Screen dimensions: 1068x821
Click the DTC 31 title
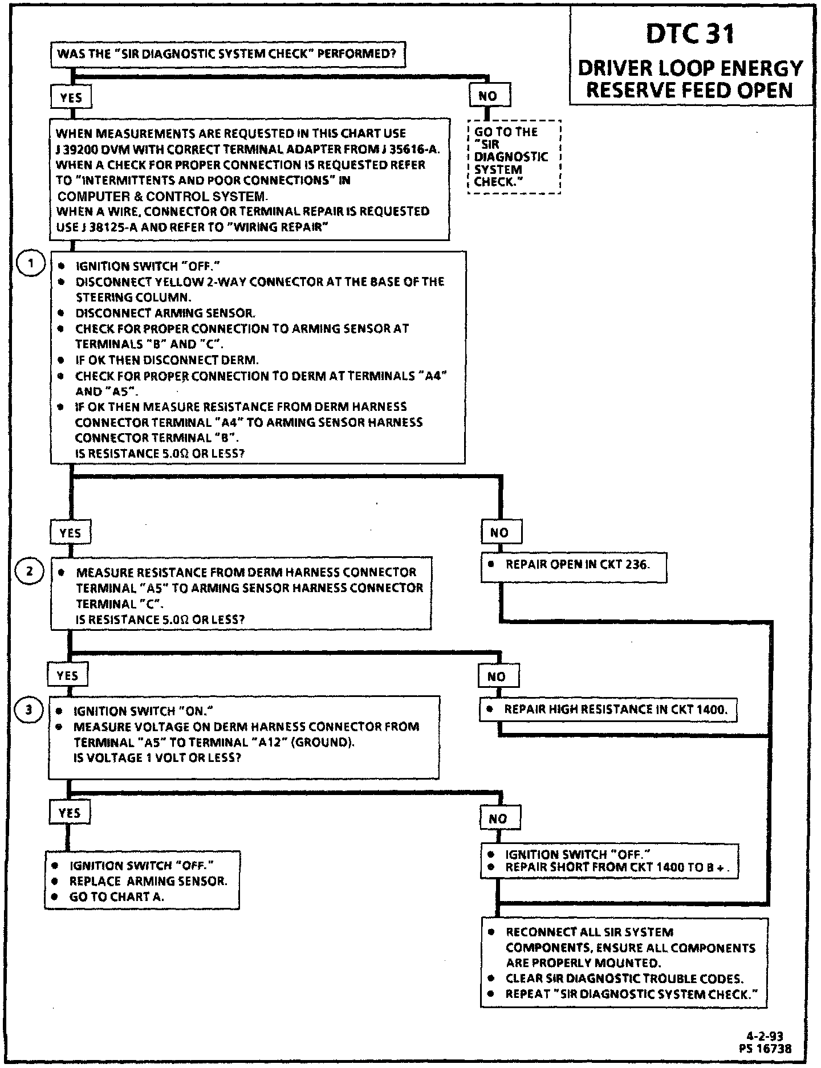tap(690, 34)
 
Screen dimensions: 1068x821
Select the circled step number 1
tap(29, 264)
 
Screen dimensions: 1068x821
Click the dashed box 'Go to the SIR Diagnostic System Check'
tap(514, 157)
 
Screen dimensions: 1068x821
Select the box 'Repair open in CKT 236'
tap(573, 566)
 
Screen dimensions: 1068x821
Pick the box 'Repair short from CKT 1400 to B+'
tap(609, 861)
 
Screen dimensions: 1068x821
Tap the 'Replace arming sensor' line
tap(148, 881)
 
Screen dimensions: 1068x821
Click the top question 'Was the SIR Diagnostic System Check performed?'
tap(227, 55)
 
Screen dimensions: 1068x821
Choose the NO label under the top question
tap(489, 96)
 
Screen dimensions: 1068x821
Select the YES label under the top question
tap(71, 97)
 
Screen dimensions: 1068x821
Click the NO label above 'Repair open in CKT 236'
tap(499, 533)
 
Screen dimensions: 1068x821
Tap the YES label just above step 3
tap(68, 676)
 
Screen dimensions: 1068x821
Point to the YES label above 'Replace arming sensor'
tap(70, 813)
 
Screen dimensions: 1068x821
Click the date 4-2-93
tap(774, 1036)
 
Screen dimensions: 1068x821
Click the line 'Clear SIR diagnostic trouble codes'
tap(624, 979)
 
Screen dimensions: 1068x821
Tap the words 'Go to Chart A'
tap(117, 897)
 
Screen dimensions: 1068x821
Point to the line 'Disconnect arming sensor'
tap(165, 313)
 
